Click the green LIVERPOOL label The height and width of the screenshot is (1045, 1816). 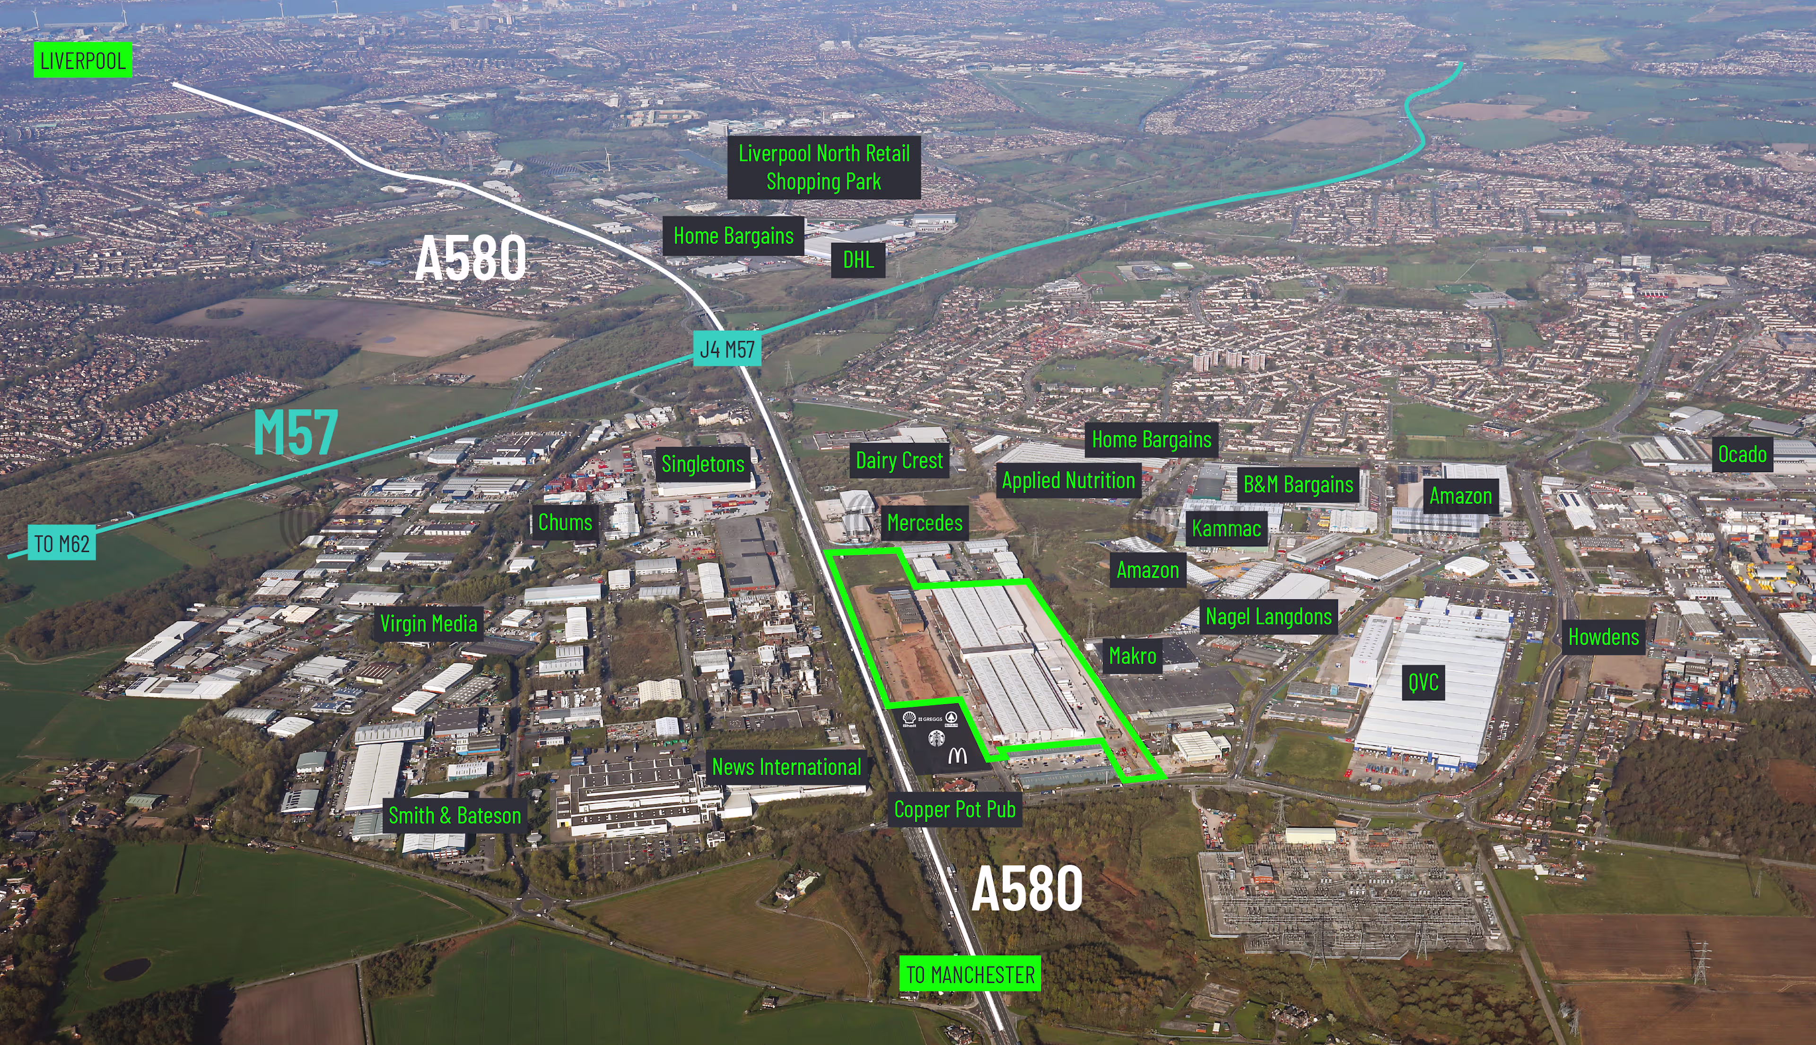(x=83, y=60)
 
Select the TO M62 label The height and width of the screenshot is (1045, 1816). (x=62, y=544)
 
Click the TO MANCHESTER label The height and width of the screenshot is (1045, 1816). (x=969, y=974)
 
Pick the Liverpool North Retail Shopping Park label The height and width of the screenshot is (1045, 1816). (x=824, y=167)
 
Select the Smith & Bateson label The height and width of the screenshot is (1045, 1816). (x=454, y=815)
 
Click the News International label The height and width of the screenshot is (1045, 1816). (x=786, y=767)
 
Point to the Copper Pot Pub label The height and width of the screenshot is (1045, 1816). (x=954, y=810)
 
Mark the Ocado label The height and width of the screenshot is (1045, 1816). (x=1742, y=454)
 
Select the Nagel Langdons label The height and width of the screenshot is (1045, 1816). (x=1268, y=616)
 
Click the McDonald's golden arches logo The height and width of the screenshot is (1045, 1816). (x=957, y=755)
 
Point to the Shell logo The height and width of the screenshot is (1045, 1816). (x=908, y=718)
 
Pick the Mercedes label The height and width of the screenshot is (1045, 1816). (x=924, y=523)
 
